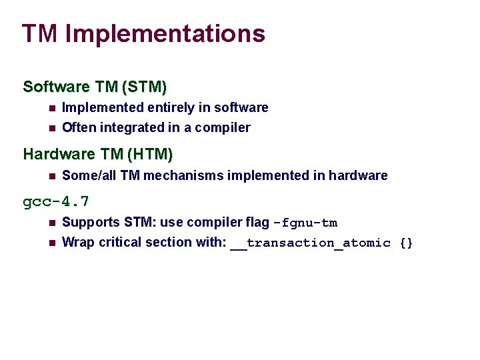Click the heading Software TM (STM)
[95, 87]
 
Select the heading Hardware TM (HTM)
[97, 155]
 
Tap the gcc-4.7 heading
[56, 201]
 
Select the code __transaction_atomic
[311, 243]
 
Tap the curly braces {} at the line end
[406, 243]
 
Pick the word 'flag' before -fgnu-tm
[257, 223]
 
